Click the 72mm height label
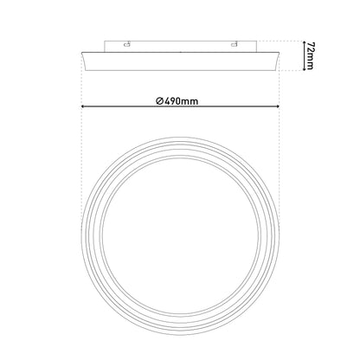coord(310,56)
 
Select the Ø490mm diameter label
coord(177,101)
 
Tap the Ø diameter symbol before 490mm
coord(160,101)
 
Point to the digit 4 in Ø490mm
coord(167,101)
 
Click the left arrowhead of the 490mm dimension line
coord(83,106)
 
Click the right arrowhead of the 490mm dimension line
coord(278,106)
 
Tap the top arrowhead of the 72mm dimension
coord(304,42)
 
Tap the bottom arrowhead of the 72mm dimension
coord(304,68)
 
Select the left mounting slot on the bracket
coord(126,44)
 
